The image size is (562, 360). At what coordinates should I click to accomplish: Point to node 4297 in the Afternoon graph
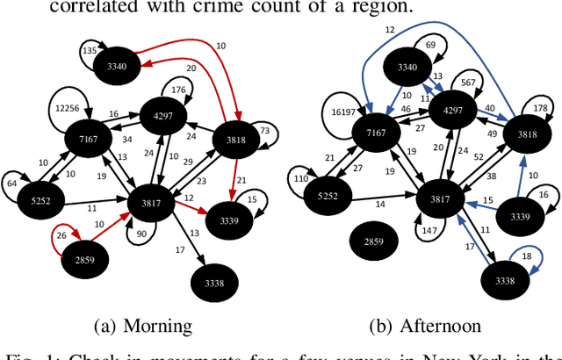[453, 111]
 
